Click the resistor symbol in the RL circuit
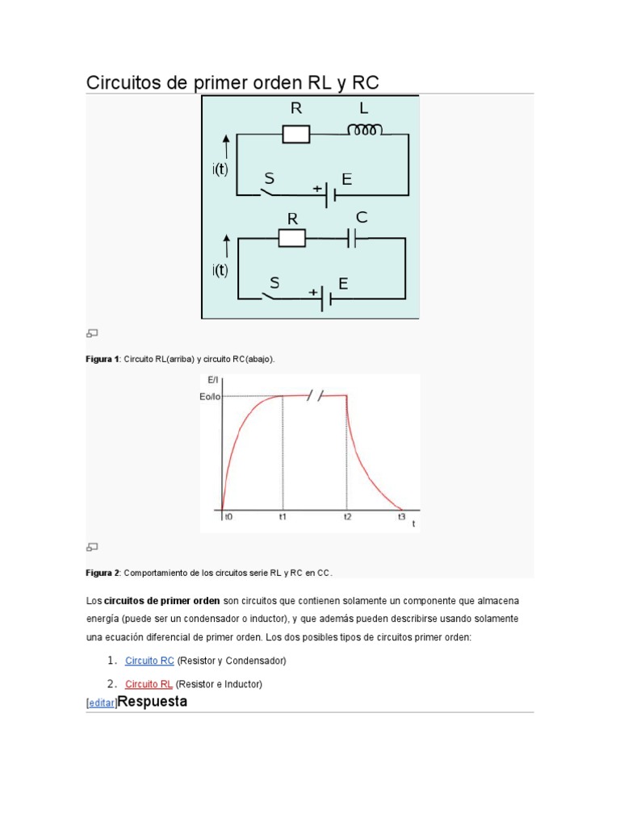point(296,134)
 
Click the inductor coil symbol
point(364,130)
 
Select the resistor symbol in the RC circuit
point(291,238)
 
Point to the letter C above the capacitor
point(362,218)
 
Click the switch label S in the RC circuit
point(274,282)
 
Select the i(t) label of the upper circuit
point(220,170)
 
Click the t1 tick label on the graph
point(283,518)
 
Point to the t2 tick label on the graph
point(347,518)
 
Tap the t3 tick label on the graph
point(401,517)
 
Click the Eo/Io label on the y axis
point(210,396)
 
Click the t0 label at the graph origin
point(228,518)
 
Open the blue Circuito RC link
point(149,661)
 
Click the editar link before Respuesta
point(101,703)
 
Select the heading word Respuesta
point(153,701)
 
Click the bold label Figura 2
point(103,573)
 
